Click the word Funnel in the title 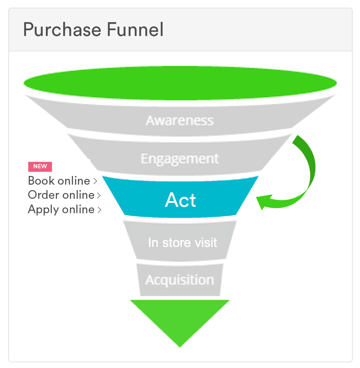coord(135,30)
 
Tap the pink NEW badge coord(40,166)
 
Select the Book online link coord(59,181)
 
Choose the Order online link coord(61,195)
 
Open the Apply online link coord(61,209)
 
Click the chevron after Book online coord(95,181)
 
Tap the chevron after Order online coord(99,195)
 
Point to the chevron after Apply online coord(99,210)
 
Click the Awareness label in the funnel coord(180,120)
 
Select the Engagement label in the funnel coord(180,159)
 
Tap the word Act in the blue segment coord(180,200)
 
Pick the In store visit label coord(182,242)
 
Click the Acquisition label coord(180,280)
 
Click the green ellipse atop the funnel coord(180,83)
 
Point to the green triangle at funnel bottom coord(180,318)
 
